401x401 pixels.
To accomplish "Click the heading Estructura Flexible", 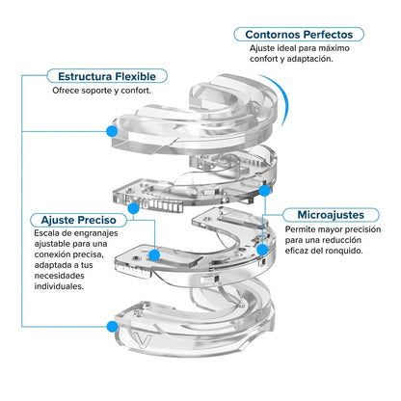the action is (x=107, y=76).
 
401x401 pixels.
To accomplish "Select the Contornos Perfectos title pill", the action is (x=299, y=35).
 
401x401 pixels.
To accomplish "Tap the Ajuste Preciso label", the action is (x=79, y=220).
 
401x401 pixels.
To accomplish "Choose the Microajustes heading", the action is (x=331, y=215).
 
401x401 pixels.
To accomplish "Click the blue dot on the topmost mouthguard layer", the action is (x=112, y=131).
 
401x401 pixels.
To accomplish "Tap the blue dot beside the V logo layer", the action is (x=112, y=327).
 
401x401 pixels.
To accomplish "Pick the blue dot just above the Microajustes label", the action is (x=264, y=191).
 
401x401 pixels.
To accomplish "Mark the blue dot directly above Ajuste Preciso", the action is (x=133, y=208).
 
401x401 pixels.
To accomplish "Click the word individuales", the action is (x=59, y=286).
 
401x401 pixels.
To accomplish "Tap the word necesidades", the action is (x=60, y=276).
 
